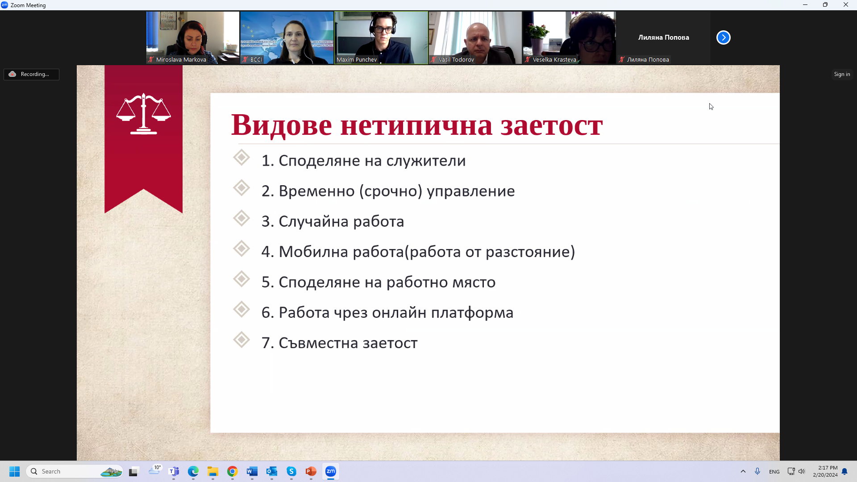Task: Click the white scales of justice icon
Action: tap(143, 114)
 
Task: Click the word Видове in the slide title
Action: tap(282, 125)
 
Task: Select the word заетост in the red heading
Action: tap(552, 125)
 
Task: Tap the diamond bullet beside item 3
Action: tap(241, 219)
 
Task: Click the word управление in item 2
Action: tap(471, 191)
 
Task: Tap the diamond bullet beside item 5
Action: tap(241, 279)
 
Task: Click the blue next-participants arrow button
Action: tap(724, 37)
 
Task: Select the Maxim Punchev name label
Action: tap(357, 59)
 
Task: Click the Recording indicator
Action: tap(31, 74)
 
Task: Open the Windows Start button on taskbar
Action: tap(15, 471)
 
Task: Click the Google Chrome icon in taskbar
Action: tap(233, 471)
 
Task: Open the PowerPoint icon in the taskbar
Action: tap(311, 471)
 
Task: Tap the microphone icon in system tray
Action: tap(757, 471)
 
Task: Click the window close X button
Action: tap(846, 5)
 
